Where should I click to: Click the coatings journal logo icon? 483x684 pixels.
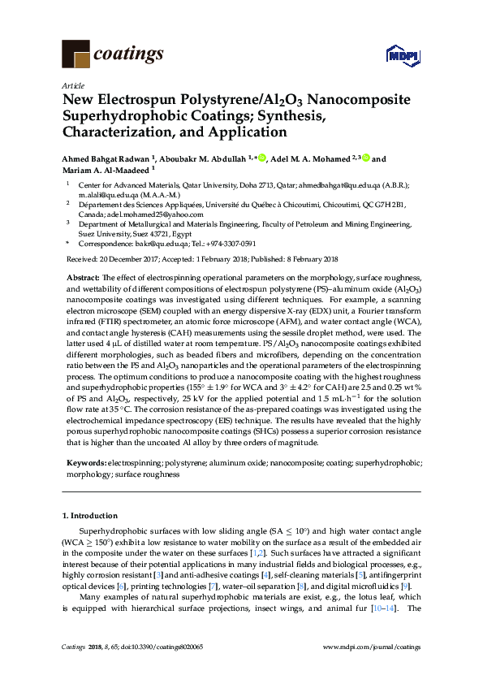click(76, 54)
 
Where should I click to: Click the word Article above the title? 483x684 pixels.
click(72, 85)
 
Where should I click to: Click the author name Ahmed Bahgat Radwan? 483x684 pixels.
click(106, 159)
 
